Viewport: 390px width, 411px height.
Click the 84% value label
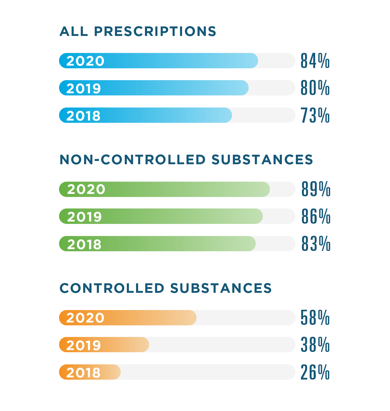point(315,61)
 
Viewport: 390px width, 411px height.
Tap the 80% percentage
point(315,88)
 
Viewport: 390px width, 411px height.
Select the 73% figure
point(315,115)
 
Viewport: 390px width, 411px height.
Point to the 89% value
point(316,189)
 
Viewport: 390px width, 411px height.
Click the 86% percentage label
point(316,216)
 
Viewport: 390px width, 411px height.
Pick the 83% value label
point(316,244)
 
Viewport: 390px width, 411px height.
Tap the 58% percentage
point(315,318)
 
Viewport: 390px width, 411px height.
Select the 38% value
point(315,345)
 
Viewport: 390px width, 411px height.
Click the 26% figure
point(315,372)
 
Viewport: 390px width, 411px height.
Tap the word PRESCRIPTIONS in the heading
point(155,31)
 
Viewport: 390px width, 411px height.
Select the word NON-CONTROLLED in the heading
point(133,160)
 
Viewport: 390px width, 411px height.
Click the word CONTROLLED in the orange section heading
point(112,288)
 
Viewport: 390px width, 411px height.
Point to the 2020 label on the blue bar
point(85,61)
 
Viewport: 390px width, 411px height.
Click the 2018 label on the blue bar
point(83,116)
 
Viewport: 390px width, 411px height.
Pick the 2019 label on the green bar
point(84,217)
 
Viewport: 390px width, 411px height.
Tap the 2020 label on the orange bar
point(85,318)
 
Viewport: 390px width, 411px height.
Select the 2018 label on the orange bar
point(83,373)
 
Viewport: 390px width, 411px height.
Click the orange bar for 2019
point(125,345)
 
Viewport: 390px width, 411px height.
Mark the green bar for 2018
point(178,244)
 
